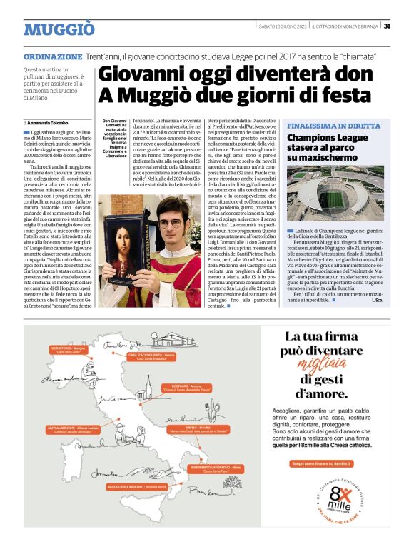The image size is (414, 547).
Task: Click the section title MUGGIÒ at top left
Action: [x=59, y=29]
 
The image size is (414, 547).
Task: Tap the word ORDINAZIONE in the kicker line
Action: [x=52, y=56]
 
